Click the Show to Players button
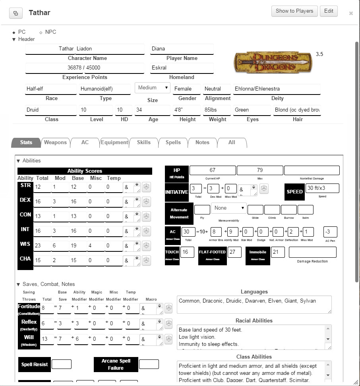pyautogui.click(x=294, y=11)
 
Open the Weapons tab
pyautogui.click(x=55, y=143)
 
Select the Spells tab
pyautogui.click(x=173, y=143)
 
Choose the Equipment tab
pyautogui.click(x=114, y=143)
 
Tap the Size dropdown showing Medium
pyautogui.click(x=153, y=88)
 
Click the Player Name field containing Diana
pyautogui.click(x=182, y=49)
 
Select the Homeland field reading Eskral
pyautogui.click(x=182, y=68)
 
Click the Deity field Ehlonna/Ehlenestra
pyautogui.click(x=277, y=89)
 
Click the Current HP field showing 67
pyautogui.click(x=213, y=170)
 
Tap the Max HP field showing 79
pyautogui.click(x=260, y=170)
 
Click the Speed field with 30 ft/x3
pyautogui.click(x=322, y=188)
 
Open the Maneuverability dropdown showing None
pyautogui.click(x=228, y=208)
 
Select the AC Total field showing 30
pyautogui.click(x=188, y=232)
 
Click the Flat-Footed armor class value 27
pyautogui.click(x=234, y=252)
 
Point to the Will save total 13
pyautogui.click(x=47, y=339)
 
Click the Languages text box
pyautogui.click(x=254, y=305)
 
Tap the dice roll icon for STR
pyautogui.click(x=146, y=187)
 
